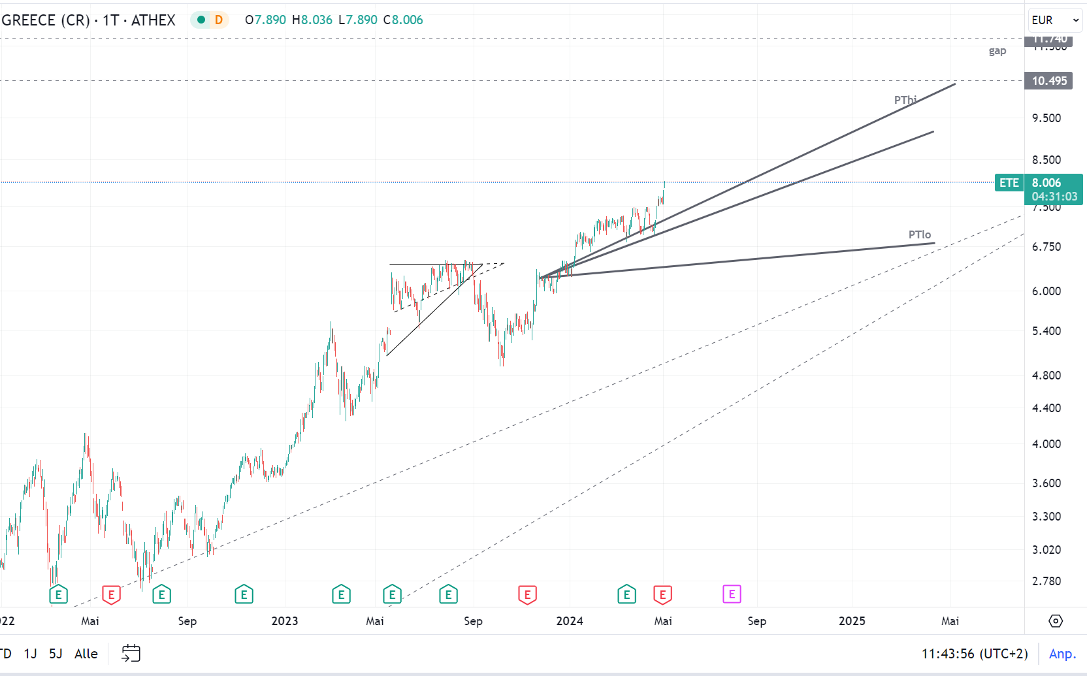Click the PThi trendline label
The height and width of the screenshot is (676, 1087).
905,100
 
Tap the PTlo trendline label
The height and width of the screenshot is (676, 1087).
919,234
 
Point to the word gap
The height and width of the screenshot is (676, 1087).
997,51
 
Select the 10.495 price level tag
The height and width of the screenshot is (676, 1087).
1048,81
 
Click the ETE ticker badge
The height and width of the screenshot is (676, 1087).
1009,183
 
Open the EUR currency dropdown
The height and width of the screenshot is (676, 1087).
1055,20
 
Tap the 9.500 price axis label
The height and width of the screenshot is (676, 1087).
1046,118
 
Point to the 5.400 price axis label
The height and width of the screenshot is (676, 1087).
1046,331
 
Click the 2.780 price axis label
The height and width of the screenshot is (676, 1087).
1046,581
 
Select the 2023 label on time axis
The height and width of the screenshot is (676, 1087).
284,621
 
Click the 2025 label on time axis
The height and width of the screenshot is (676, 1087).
852,621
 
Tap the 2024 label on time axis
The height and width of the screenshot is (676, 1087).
569,621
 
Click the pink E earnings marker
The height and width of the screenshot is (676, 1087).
732,594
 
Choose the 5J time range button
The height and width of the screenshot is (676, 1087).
56,654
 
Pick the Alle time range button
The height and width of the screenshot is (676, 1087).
86,654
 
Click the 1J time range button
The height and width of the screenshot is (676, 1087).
30,654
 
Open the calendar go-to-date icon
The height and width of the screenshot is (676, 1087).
131,653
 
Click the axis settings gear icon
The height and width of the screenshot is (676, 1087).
1056,621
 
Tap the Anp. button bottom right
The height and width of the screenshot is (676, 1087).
1062,654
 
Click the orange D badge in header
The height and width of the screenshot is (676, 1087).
218,20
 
